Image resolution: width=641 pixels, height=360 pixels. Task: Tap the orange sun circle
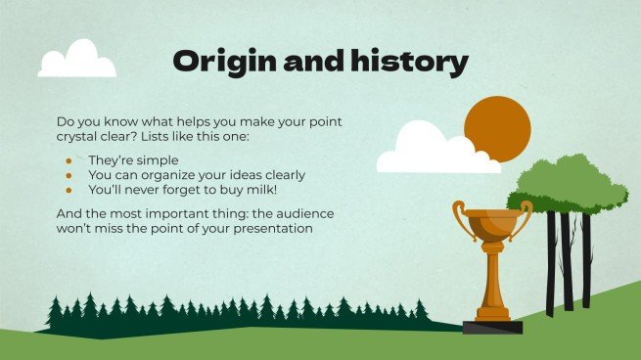point(497,131)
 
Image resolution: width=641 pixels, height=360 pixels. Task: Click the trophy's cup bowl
point(492,228)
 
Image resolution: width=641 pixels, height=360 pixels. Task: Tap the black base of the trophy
point(492,327)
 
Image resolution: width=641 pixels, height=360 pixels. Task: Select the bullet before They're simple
point(69,159)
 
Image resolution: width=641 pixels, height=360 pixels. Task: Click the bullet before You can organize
point(69,175)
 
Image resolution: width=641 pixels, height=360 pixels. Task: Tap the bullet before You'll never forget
point(69,190)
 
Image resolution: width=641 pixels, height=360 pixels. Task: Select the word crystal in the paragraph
point(81,136)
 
